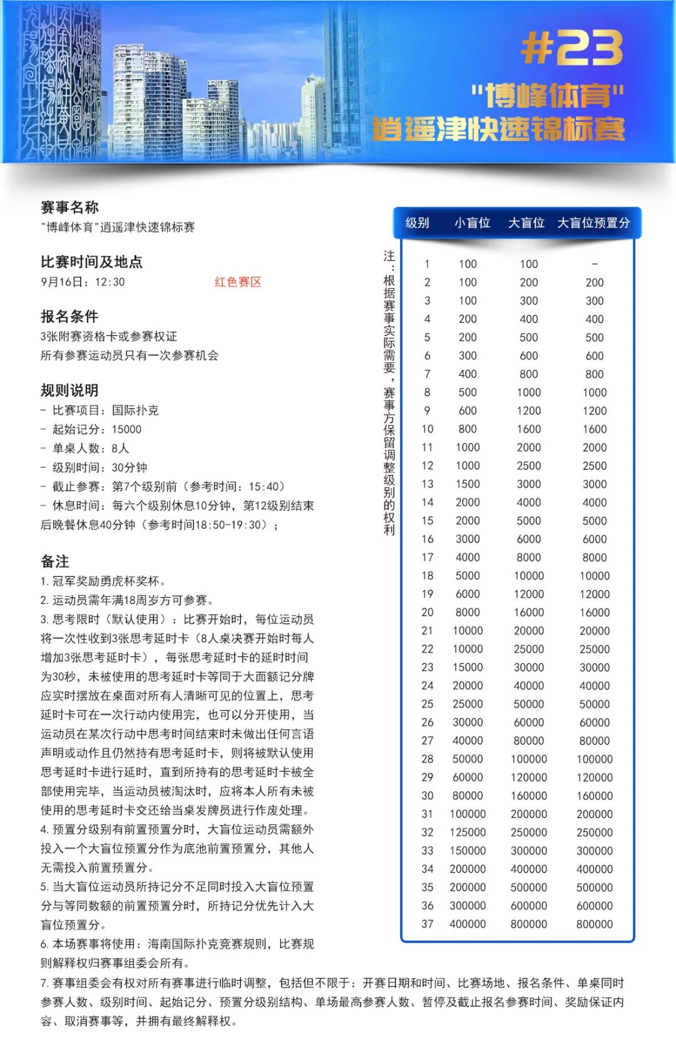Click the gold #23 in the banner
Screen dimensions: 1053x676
tap(571, 48)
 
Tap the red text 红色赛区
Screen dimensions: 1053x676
tap(238, 282)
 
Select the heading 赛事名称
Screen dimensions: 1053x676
tap(69, 207)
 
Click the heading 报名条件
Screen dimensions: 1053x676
tap(69, 316)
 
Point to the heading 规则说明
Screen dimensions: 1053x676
tap(69, 390)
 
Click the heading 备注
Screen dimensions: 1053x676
tap(55, 561)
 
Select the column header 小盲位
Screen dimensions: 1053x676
tap(472, 223)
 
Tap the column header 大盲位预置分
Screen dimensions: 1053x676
tap(593, 223)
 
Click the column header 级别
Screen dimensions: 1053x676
tap(417, 223)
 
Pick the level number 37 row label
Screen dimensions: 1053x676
tap(428, 924)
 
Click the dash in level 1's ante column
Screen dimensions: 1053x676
tap(595, 264)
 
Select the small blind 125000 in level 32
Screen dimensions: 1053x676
tap(468, 833)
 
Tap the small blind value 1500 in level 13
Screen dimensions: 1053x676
tap(468, 484)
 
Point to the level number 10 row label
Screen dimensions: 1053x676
tap(428, 429)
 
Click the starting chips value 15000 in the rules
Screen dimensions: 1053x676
tap(126, 430)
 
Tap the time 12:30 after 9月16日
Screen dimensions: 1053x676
tap(110, 283)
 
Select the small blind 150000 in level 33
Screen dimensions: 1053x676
tap(468, 851)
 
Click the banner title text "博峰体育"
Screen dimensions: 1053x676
tap(548, 96)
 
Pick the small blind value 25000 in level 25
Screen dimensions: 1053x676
tap(468, 704)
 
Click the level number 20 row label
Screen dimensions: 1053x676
tap(428, 613)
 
